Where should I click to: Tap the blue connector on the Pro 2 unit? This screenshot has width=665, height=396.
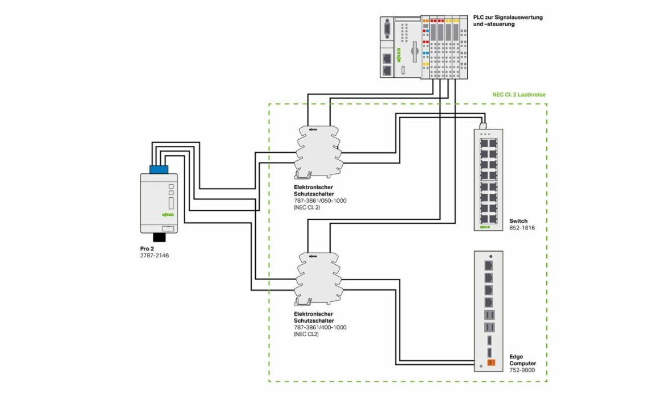[x=159, y=168]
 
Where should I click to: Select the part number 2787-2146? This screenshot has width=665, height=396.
[x=155, y=256]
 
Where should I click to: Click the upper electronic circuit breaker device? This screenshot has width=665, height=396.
[x=317, y=149]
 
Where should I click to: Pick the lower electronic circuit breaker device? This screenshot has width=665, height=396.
[x=317, y=277]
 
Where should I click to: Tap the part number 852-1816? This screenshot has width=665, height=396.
[x=519, y=228]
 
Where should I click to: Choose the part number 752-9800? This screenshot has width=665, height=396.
[x=522, y=370]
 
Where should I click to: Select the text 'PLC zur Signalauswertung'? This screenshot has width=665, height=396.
[x=508, y=18]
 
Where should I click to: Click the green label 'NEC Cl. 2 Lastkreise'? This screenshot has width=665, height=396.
[x=518, y=95]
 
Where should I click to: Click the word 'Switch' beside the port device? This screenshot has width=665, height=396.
[x=518, y=221]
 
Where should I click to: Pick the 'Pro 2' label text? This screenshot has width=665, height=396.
[x=147, y=248]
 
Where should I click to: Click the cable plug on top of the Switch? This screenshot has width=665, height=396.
[x=482, y=124]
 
